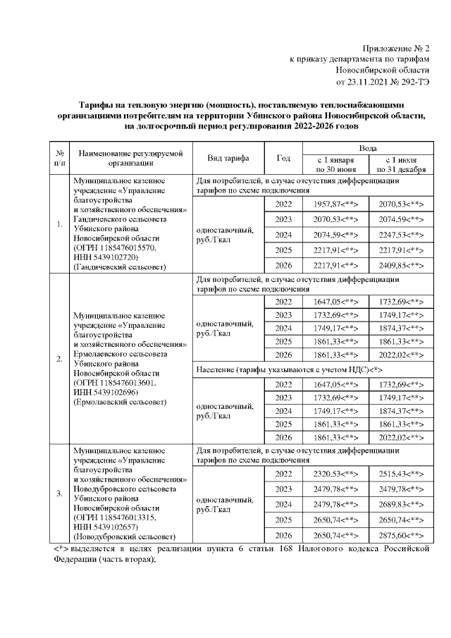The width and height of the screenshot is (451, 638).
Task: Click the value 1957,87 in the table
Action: [x=335, y=204]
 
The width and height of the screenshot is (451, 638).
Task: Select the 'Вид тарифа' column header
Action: [x=225, y=158]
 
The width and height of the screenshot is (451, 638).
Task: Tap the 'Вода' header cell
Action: [x=367, y=149]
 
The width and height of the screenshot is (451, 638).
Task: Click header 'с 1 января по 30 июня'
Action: [x=335, y=165]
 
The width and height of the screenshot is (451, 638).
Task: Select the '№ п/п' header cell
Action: [x=60, y=158]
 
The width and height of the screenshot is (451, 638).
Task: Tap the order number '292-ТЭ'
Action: [x=414, y=82]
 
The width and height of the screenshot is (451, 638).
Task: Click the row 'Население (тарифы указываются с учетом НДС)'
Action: [x=289, y=369]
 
